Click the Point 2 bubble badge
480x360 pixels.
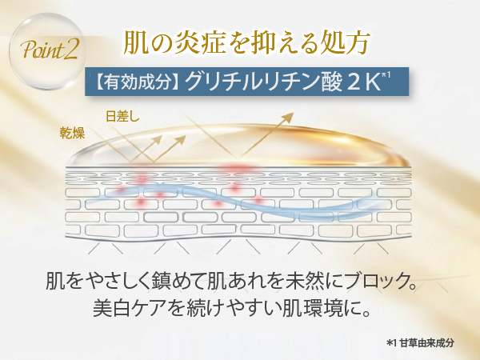47,50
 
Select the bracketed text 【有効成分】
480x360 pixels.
137,82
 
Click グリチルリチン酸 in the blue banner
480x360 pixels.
263,82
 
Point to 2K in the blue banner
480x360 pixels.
364,82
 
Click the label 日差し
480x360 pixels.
122,116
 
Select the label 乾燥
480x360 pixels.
72,133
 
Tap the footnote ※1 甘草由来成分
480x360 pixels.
420,343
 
